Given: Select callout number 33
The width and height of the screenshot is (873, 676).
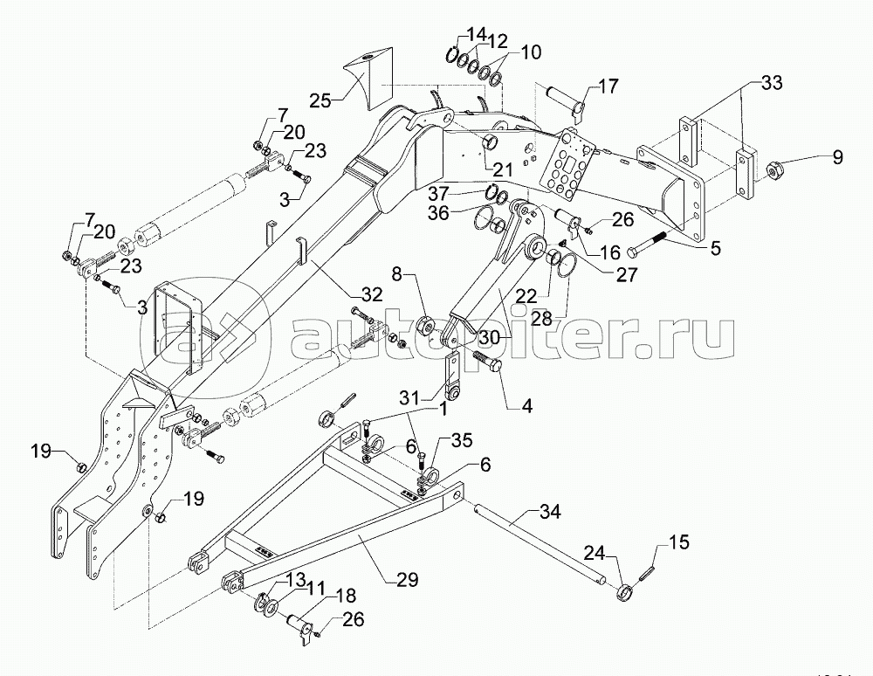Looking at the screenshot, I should [x=771, y=84].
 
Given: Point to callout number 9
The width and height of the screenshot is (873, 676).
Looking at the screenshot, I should [x=837, y=158].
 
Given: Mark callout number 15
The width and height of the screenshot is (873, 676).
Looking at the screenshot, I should [x=678, y=542].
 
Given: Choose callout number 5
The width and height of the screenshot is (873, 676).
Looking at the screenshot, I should [x=714, y=247].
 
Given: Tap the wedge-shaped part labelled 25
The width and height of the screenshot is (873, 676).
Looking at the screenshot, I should [x=368, y=80].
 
